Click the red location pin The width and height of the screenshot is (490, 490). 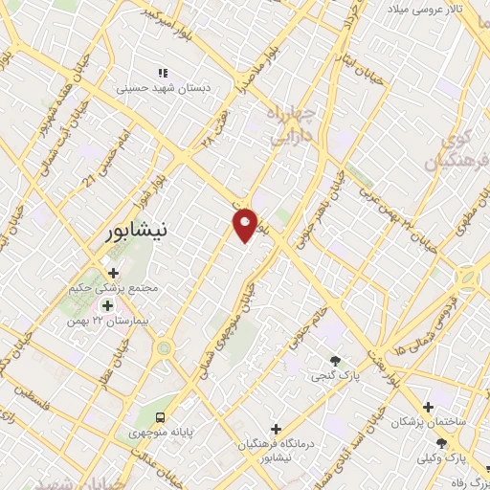(245, 224)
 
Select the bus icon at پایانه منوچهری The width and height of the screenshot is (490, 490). (161, 417)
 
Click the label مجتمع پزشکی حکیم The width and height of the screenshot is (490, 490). (114, 288)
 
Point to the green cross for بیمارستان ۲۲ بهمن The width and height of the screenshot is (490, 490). (107, 305)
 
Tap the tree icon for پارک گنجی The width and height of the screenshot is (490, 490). (334, 361)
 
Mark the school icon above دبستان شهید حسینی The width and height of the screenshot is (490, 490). (164, 72)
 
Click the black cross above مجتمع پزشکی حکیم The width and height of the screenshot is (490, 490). (114, 273)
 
